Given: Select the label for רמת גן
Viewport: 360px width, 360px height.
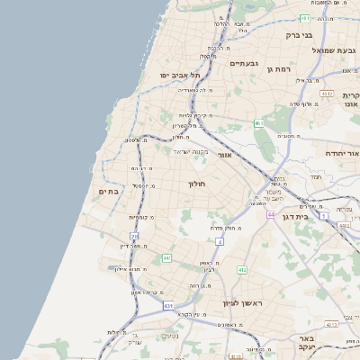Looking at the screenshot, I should tap(282, 68).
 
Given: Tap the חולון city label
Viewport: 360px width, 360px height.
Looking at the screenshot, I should tap(197, 184).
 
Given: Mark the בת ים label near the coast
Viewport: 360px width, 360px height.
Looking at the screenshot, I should tap(109, 191).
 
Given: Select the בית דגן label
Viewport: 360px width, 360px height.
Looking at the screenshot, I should tap(315, 217).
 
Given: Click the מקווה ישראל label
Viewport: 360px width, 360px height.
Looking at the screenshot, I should tap(189, 151).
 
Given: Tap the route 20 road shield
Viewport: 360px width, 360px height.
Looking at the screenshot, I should tap(134, 236).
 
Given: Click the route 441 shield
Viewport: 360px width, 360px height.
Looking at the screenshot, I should tap(166, 258).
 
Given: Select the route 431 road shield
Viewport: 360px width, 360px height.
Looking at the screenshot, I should tap(167, 306).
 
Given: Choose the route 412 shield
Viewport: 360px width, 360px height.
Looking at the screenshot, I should tap(241, 270).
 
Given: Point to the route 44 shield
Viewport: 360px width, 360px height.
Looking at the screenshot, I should tap(270, 215).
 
